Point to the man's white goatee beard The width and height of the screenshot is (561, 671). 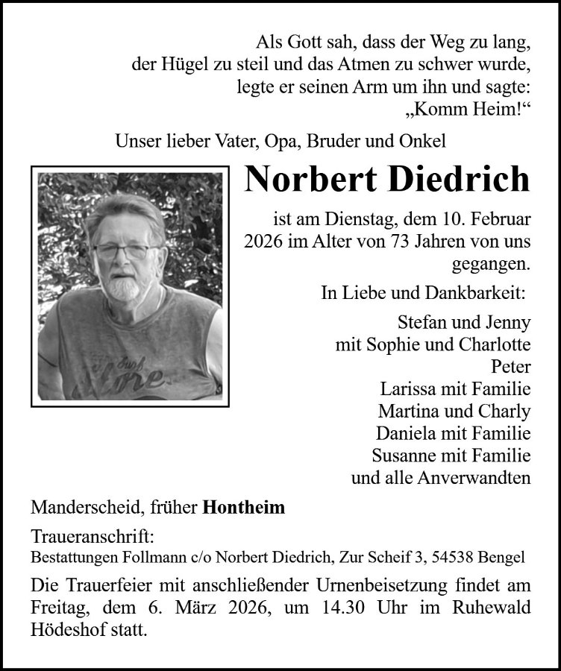[122, 286]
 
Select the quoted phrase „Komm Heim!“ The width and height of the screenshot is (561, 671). [468, 109]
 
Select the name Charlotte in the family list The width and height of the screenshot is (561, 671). [493, 345]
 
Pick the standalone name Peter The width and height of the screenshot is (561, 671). [511, 367]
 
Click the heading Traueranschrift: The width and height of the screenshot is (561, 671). [93, 538]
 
